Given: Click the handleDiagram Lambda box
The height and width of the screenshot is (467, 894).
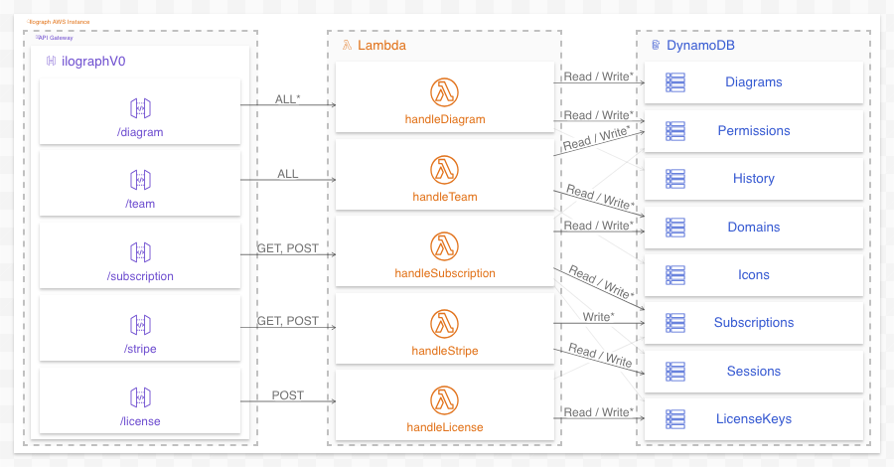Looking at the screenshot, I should [x=444, y=98].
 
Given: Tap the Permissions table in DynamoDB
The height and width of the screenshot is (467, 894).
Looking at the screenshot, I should [x=754, y=131].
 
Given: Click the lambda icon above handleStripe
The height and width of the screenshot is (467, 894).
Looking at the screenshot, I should [x=444, y=323].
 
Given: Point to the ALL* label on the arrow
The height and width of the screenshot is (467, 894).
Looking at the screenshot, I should [x=287, y=98].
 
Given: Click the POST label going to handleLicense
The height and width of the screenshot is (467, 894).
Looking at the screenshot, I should [x=287, y=395].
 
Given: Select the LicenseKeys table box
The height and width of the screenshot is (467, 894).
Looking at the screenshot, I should [x=754, y=419].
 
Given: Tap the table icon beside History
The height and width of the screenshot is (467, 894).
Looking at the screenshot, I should [x=675, y=179].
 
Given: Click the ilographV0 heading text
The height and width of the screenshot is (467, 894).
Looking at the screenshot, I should [x=93, y=62].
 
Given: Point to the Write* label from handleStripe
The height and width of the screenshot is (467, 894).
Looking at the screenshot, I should [x=598, y=317].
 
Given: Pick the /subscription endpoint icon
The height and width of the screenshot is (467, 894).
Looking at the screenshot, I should [x=140, y=252].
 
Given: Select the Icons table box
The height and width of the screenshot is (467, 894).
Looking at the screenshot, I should [x=754, y=275].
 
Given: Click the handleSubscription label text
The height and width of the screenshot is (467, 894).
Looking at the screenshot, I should [x=444, y=273].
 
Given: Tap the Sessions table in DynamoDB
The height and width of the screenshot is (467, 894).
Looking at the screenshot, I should [x=754, y=372].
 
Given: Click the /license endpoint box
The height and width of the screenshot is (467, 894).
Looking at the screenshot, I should [x=140, y=401].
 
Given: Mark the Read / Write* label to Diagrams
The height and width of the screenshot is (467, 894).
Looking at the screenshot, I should [x=598, y=77].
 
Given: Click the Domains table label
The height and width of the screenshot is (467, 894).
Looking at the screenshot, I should [x=753, y=228].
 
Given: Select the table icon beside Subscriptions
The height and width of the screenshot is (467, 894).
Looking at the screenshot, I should [x=675, y=323].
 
